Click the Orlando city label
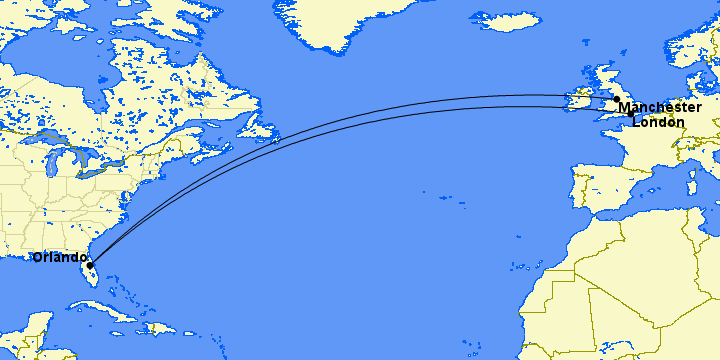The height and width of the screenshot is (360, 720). click(x=58, y=258)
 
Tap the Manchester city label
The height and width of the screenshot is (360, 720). click(x=659, y=107)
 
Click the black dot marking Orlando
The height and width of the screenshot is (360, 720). click(x=90, y=265)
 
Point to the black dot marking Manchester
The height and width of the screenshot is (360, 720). click(x=617, y=99)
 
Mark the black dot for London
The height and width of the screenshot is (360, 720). click(x=630, y=113)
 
